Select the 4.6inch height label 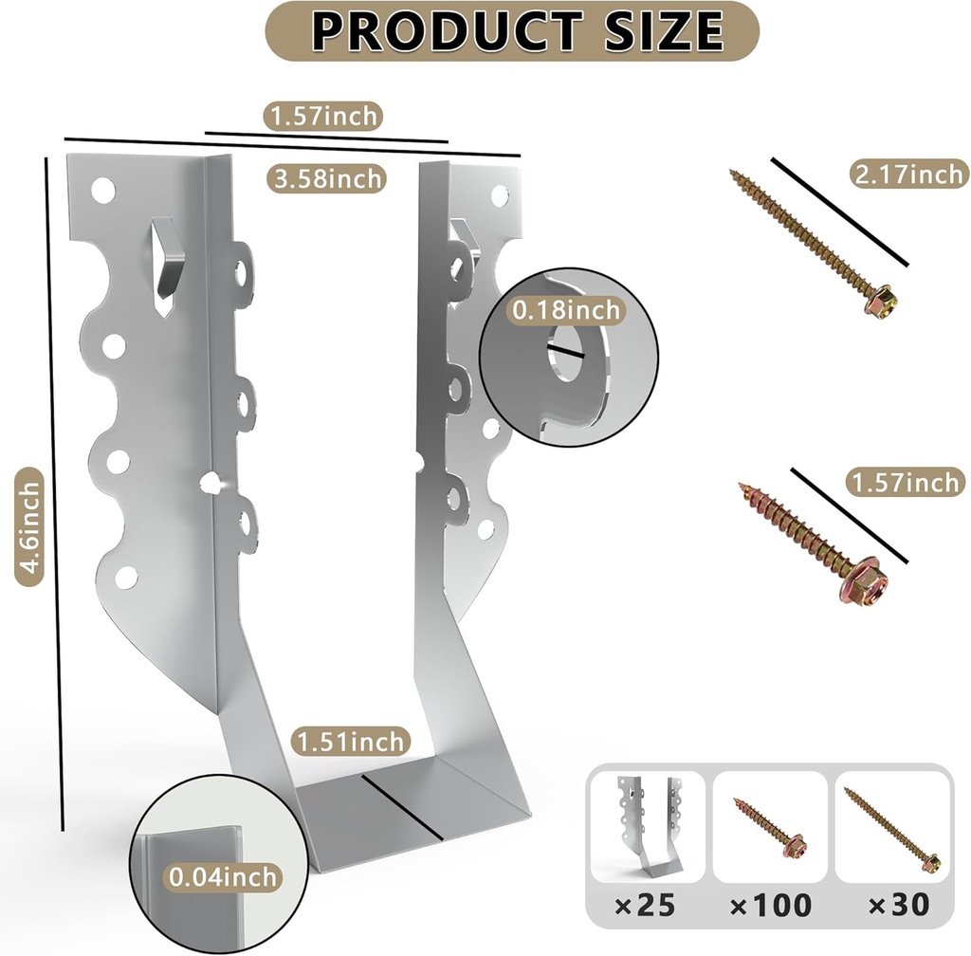point(30,526)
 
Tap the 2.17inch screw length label point(907,174)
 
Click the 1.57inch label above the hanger point(323,117)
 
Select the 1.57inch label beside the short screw point(905,483)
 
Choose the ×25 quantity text point(645,905)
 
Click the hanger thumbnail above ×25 point(648,825)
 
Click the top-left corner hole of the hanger point(103,191)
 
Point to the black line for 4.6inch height point(54,493)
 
